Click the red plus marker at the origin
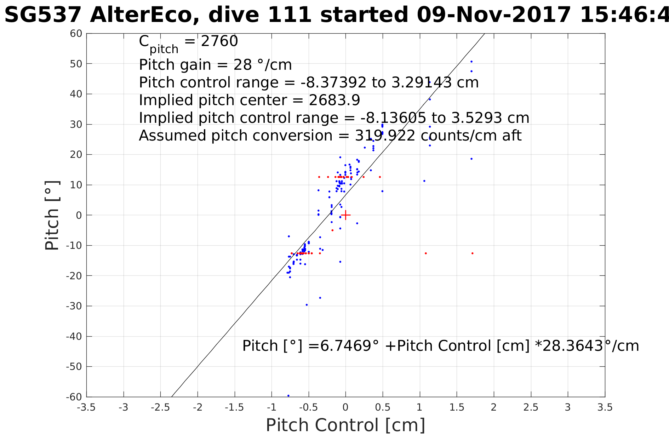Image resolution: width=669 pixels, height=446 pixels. tap(345, 215)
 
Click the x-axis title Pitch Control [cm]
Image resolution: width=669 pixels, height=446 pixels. tap(345, 425)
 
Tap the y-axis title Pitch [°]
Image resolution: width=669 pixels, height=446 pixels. tap(52, 215)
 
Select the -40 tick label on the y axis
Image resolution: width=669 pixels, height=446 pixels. tap(74, 336)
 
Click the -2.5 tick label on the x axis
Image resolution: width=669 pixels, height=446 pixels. tap(160, 407)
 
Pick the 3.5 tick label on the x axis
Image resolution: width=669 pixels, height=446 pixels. tap(605, 407)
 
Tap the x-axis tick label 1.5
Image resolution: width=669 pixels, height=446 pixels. tap(457, 407)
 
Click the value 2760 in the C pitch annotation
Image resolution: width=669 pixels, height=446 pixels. tap(219, 41)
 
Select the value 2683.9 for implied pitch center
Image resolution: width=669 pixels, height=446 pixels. tap(334, 100)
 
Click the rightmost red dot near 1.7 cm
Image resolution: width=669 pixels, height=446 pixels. tap(473, 253)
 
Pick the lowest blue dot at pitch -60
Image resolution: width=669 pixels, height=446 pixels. tap(288, 396)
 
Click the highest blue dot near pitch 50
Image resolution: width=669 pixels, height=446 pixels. tap(471, 62)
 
